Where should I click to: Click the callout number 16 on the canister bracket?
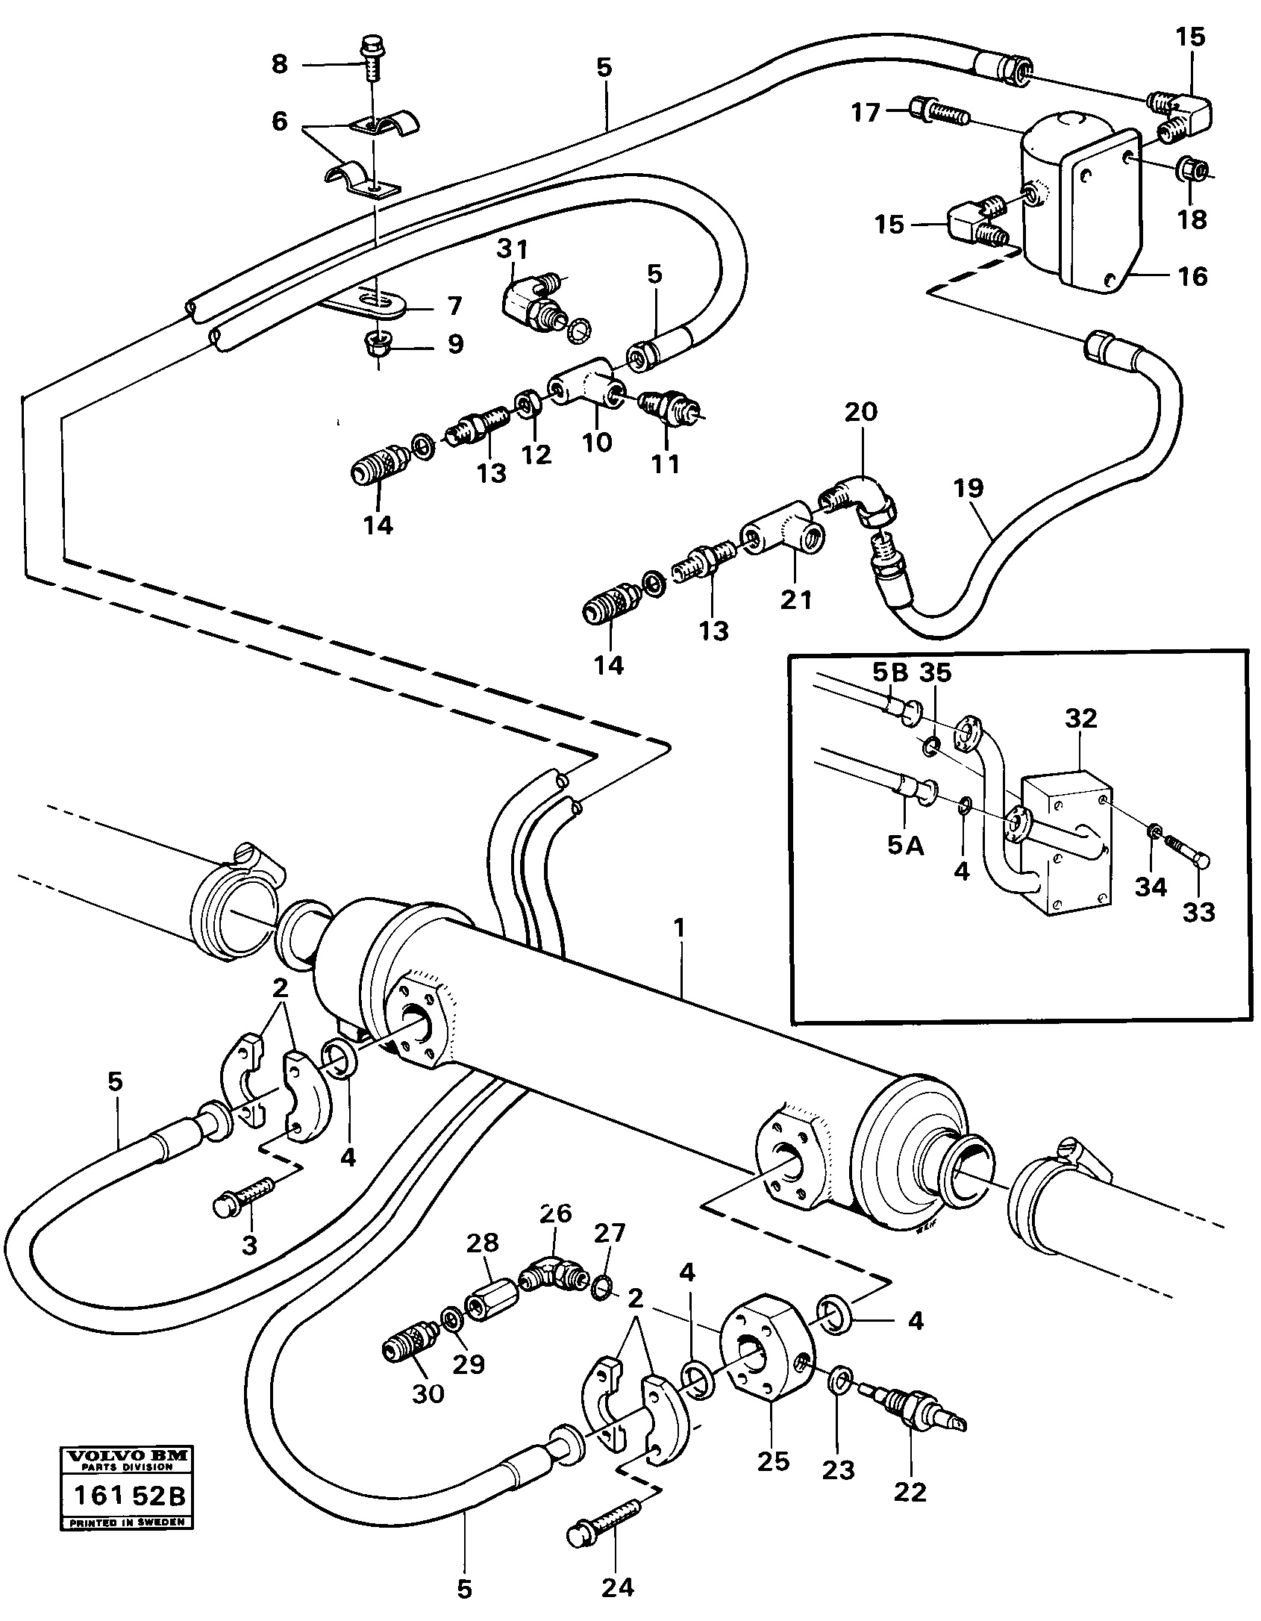click(1192, 276)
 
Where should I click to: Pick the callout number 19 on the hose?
click(969, 490)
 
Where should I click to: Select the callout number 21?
click(795, 599)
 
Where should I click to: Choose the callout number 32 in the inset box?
click(1081, 719)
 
